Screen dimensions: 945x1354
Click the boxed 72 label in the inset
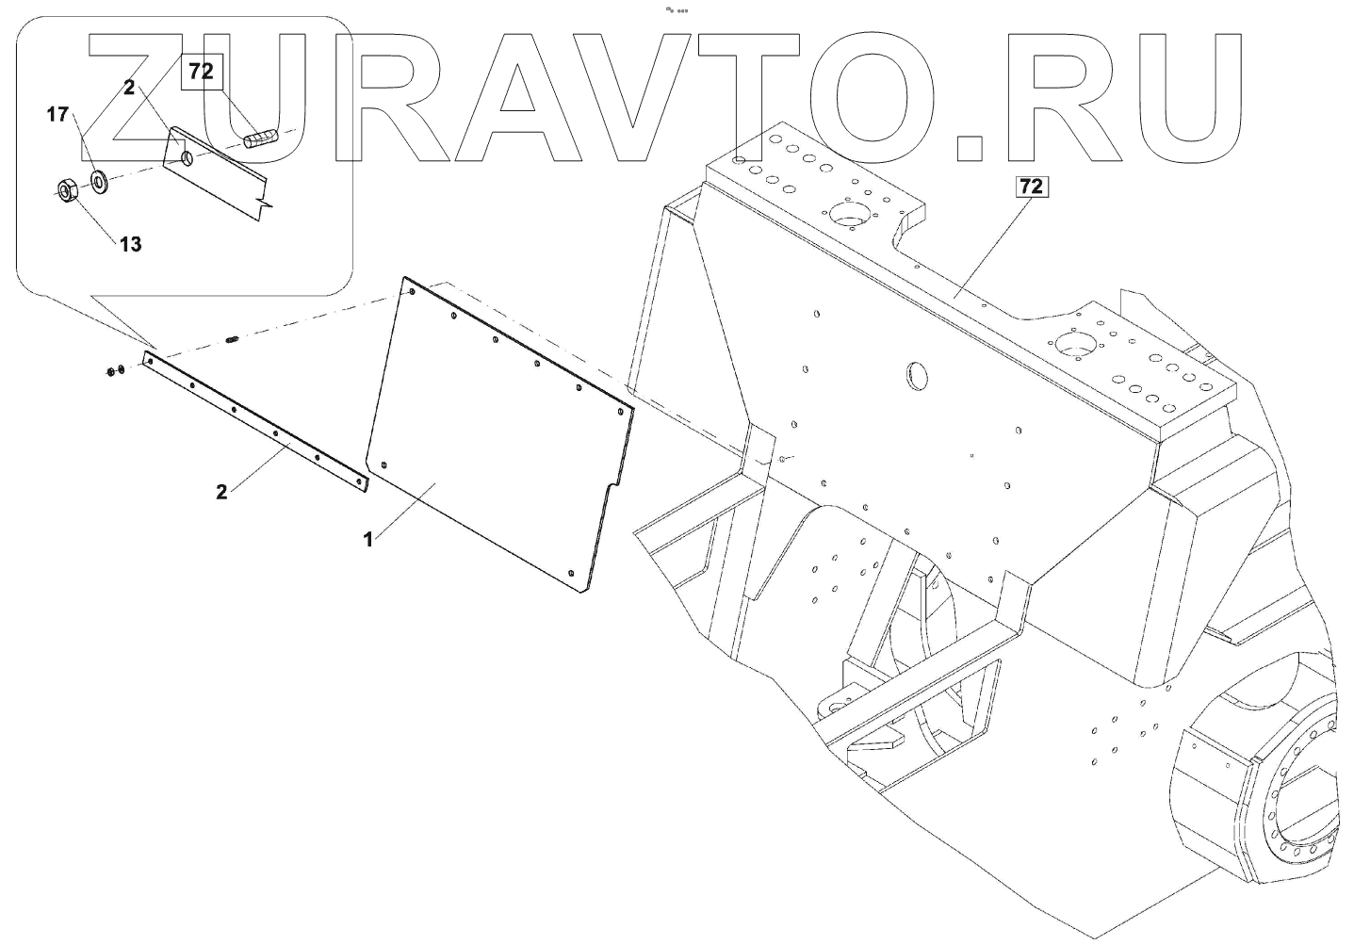point(201,71)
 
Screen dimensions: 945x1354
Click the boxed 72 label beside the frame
point(1030,187)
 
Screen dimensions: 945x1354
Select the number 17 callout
point(57,115)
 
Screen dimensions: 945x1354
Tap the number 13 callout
point(130,244)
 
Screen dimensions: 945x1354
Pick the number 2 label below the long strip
point(221,492)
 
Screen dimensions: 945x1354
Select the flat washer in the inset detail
point(98,179)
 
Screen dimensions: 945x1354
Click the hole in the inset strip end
point(188,157)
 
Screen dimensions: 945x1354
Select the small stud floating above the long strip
point(232,340)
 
